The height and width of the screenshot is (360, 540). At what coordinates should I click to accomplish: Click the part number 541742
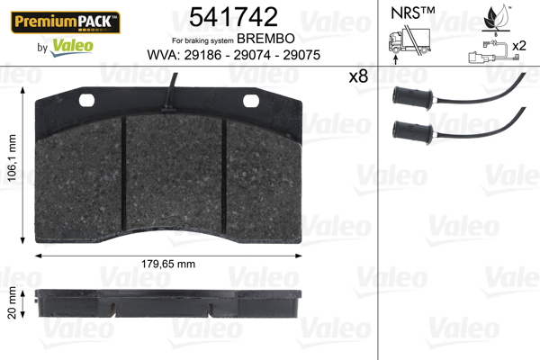[x=233, y=17]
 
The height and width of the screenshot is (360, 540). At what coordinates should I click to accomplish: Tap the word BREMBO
[x=265, y=39]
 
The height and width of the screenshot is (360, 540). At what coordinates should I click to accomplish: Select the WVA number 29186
[x=202, y=55]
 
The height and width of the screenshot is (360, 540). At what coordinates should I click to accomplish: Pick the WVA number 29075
[x=301, y=55]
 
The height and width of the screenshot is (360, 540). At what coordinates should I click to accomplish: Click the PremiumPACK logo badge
[x=66, y=22]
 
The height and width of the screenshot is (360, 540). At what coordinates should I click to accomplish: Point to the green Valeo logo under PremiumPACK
[x=72, y=47]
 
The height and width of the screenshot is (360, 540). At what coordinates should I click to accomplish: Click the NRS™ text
[x=412, y=13]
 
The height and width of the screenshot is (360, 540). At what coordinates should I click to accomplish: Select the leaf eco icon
[x=497, y=18]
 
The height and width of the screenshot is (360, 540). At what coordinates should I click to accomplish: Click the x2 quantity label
[x=518, y=45]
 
